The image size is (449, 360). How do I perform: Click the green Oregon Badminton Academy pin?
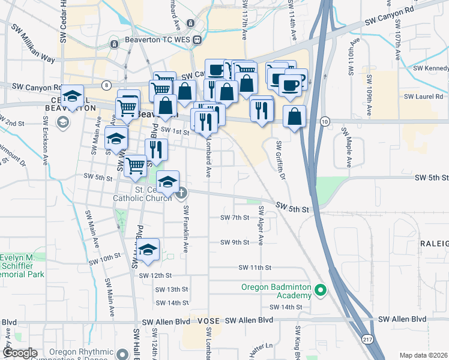tap(321, 292)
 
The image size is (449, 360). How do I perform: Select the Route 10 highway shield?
tap(324, 122)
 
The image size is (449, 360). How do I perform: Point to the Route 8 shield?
tap(106, 85)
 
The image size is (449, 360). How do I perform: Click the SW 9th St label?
tap(235, 242)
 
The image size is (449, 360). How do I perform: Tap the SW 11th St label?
tap(255, 267)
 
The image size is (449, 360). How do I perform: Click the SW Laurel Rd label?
tap(423, 96)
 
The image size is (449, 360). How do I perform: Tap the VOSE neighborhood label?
tap(208, 321)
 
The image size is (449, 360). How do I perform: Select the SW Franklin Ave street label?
tap(186, 228)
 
